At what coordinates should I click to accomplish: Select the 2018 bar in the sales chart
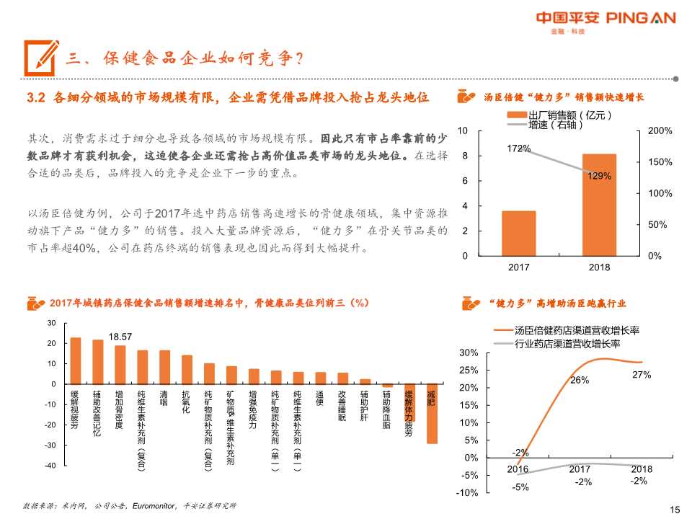point(599,205)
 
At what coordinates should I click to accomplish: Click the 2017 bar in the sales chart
point(519,233)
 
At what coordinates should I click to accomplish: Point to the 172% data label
point(519,148)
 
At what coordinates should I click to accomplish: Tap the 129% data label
point(600,175)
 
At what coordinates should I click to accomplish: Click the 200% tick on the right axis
point(660,131)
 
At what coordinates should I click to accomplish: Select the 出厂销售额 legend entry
point(569,115)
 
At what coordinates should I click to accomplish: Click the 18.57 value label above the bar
point(120,337)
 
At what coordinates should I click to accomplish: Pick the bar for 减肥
point(432,413)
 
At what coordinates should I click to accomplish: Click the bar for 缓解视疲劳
point(75,360)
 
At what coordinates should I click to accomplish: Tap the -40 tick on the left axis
point(50,466)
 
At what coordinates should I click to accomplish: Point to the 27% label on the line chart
point(642,375)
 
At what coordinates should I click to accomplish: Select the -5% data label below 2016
point(520,487)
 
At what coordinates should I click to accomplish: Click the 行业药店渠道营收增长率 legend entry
point(567,343)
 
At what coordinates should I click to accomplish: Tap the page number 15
point(675,510)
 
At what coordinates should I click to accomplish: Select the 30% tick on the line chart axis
point(469,352)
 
